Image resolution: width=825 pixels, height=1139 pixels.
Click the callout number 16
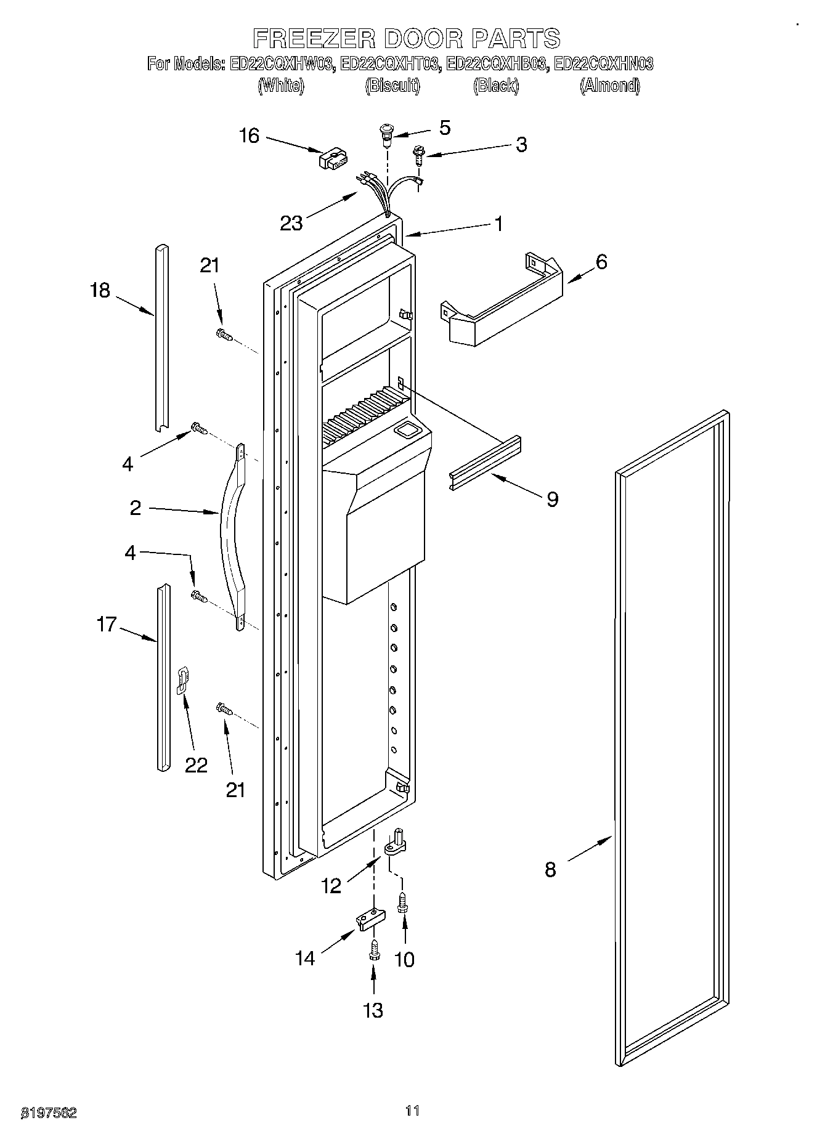[249, 136]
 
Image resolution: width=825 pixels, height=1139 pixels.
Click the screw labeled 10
[404, 903]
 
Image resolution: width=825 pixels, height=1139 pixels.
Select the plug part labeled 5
[387, 135]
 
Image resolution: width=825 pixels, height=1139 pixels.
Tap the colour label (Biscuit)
[392, 86]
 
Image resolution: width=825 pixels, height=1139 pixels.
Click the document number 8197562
[49, 1113]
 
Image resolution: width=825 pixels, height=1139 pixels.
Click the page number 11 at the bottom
[412, 1110]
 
